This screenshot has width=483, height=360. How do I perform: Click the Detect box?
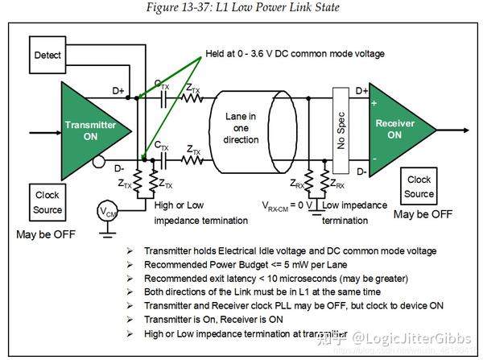48,55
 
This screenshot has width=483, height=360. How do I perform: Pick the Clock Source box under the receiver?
419,187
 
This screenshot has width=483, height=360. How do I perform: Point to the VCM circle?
106,212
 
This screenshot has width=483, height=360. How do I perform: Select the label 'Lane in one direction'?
241,128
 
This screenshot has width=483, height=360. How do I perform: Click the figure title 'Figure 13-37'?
242,7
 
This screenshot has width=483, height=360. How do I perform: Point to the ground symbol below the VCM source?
106,234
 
